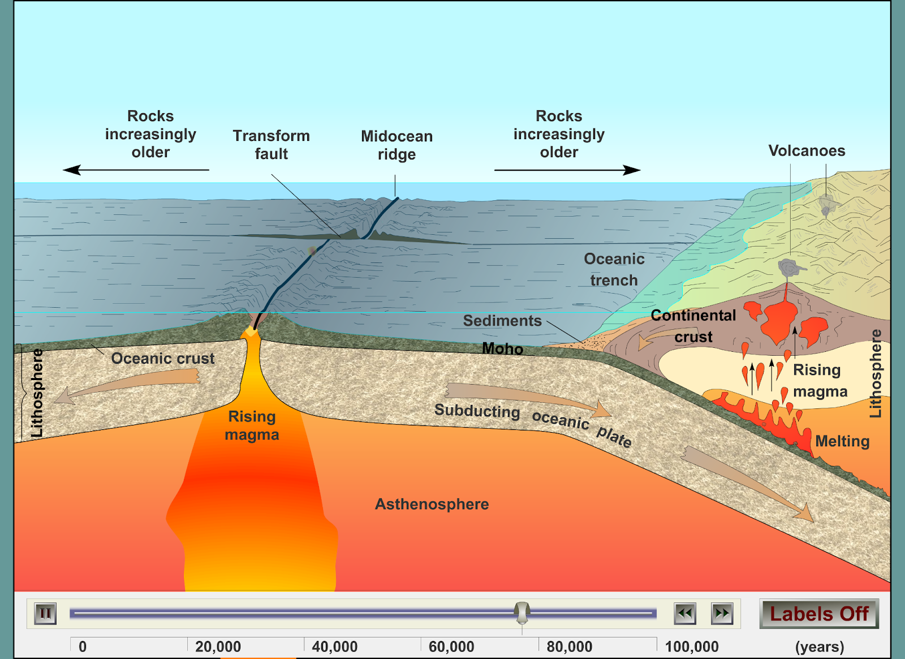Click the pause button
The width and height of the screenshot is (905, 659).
coord(45,614)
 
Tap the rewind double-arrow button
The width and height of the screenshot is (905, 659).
coord(685,614)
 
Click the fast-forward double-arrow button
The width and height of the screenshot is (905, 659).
coord(722,614)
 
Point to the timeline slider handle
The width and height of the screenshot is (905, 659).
coord(522,612)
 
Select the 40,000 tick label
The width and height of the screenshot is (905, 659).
coord(335,647)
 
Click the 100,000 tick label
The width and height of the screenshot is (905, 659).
coord(692,647)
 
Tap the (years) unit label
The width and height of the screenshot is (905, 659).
coord(820,647)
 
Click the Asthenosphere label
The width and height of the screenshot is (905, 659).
coord(432,504)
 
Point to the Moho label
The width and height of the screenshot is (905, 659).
coord(502,348)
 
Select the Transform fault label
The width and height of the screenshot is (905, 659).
coord(271,145)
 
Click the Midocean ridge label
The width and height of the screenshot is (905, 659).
coord(397,145)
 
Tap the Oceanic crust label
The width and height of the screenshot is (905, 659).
coord(163,359)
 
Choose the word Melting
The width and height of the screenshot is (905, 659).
coord(842,441)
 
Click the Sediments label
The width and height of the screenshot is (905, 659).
coord(502,321)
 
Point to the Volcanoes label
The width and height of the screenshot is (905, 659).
coord(807,150)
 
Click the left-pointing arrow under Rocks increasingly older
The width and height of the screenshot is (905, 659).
coord(136,170)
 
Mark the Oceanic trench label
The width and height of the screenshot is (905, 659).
coord(614,269)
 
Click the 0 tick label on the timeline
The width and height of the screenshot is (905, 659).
coord(83,647)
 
